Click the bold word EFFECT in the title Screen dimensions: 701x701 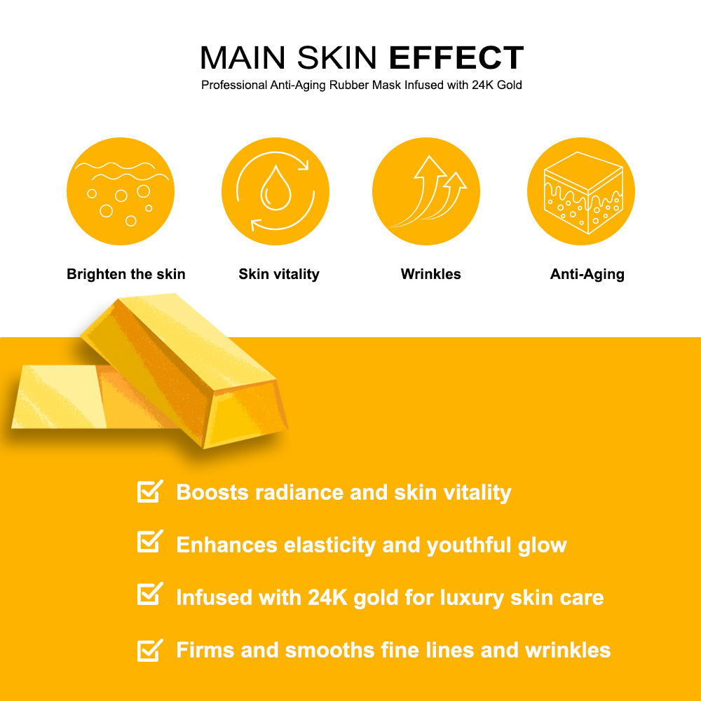click(x=456, y=57)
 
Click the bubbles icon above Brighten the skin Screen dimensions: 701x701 click(x=121, y=191)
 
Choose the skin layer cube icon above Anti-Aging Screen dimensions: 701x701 click(x=581, y=191)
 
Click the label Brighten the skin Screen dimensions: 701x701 click(x=126, y=274)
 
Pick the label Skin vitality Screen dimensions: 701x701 click(x=279, y=274)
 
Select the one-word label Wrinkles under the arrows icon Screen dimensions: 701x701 click(x=431, y=274)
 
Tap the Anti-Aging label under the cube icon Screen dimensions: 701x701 click(x=587, y=274)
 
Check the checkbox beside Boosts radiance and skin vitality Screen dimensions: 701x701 click(x=149, y=491)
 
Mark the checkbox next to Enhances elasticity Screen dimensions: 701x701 click(x=149, y=541)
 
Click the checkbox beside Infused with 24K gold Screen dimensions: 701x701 click(x=149, y=595)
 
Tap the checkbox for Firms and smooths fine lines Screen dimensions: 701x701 click(x=149, y=650)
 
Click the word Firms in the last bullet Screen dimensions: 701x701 click(x=205, y=650)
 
